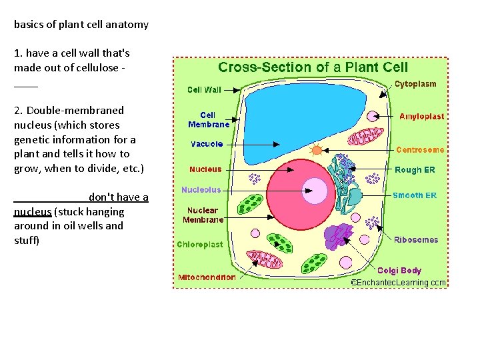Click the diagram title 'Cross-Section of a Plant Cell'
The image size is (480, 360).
(313, 67)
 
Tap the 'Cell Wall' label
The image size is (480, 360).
(204, 89)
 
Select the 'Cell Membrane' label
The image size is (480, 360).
(208, 119)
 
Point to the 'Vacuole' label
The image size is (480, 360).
(207, 144)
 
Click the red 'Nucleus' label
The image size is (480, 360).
(205, 169)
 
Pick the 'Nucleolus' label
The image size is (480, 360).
(201, 190)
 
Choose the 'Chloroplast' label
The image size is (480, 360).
(200, 245)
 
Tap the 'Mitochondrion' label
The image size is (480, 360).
(207, 277)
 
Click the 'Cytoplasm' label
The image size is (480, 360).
(415, 84)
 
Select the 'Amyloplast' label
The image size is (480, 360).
(421, 116)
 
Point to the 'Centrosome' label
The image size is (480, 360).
(420, 150)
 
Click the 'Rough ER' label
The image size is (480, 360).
(415, 170)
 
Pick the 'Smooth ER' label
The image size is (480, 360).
(415, 195)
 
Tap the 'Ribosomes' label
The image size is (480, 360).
(416, 240)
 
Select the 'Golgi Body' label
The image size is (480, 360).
(399, 271)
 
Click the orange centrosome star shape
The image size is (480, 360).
(317, 150)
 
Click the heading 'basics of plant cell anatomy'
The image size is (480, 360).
(81, 25)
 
